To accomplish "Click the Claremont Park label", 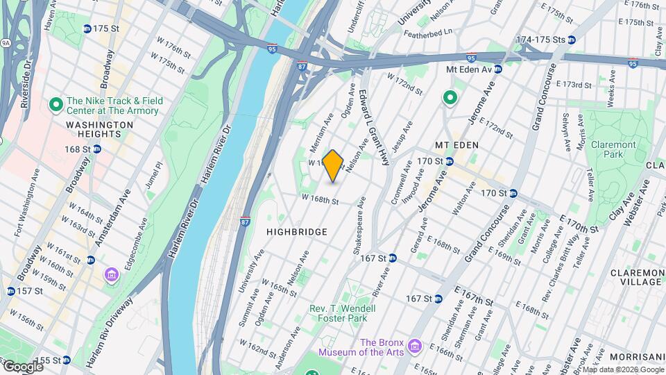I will pos(613,149).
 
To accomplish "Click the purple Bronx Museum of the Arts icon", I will pos(415,345).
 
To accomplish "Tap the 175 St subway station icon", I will pos(87,28).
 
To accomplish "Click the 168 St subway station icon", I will pos(97,149).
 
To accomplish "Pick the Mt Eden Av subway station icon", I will pos(498,69).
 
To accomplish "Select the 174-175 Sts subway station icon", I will pos(571,40).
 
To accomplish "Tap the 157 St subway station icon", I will pos(10,291).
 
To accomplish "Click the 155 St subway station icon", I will pos(66,360).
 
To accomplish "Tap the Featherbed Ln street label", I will pos(428,31).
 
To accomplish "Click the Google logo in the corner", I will pos(23,367).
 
